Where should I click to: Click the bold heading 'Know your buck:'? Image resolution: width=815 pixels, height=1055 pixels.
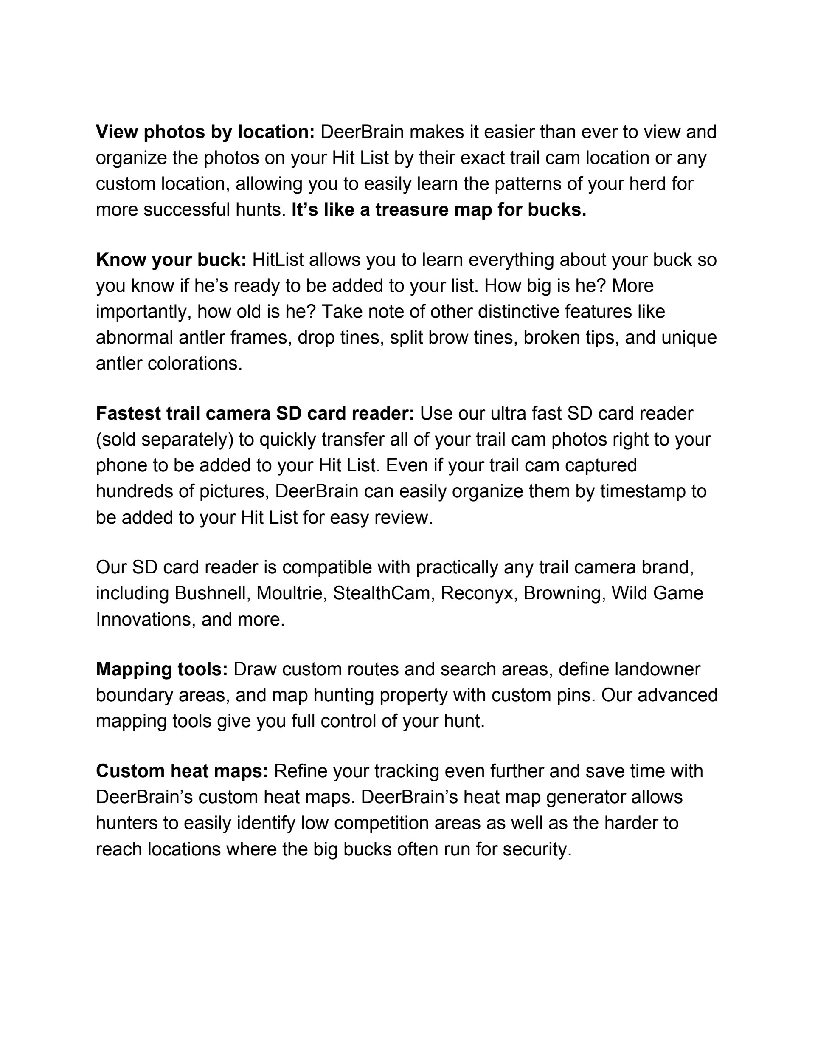coord(171,260)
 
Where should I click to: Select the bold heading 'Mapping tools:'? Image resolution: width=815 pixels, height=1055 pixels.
coord(162,669)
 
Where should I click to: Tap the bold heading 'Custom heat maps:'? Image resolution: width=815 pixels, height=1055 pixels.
coord(182,771)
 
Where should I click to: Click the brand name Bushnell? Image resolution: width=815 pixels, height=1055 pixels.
coord(210,593)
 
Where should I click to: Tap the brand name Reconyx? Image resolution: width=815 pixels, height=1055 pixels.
coord(477,593)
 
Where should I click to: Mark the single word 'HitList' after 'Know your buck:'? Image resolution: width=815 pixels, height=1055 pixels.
coord(278,260)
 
